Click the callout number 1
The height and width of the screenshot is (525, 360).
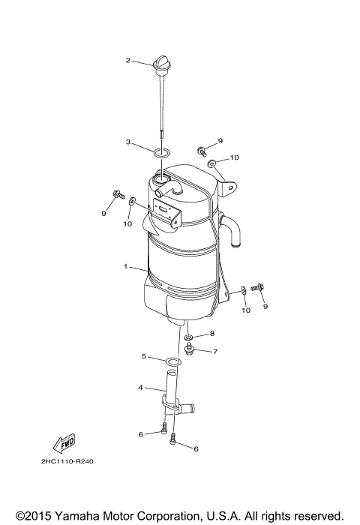point(127,266)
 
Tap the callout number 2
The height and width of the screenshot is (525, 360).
point(128,60)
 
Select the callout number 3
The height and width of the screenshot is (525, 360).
point(128,141)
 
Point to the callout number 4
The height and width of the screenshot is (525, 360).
point(140,388)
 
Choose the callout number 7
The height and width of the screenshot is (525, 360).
point(215,351)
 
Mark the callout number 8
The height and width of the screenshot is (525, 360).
point(212,334)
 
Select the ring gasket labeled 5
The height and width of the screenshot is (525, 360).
point(172,363)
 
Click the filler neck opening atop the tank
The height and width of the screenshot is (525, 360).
point(161,180)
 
